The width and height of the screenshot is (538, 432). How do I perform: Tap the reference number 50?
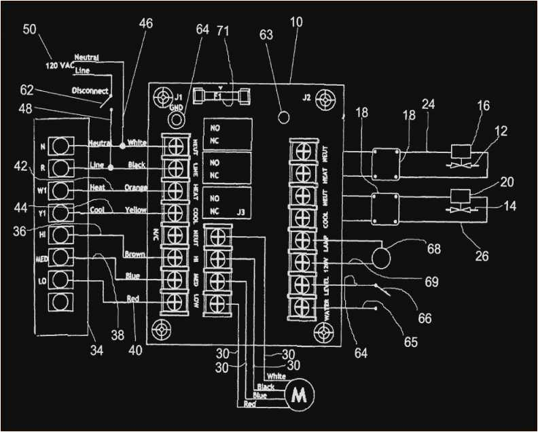click(30, 29)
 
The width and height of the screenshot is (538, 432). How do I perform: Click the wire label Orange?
click(136, 188)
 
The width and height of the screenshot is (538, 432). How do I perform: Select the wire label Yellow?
click(136, 210)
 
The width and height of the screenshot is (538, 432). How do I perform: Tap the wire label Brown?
click(135, 254)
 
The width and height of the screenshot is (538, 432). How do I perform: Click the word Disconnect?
click(90, 90)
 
